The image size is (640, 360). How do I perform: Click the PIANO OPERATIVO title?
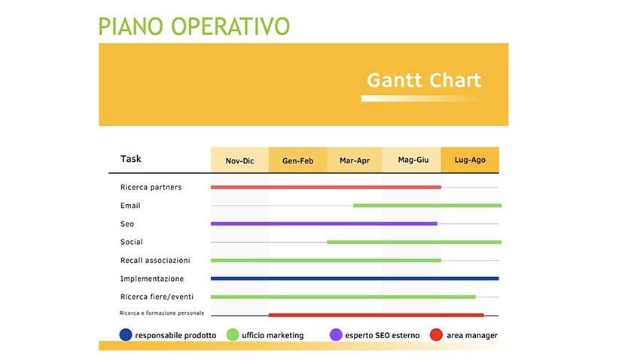tap(194, 26)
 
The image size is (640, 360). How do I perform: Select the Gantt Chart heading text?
tap(424, 80)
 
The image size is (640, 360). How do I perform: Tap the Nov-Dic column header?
tap(240, 160)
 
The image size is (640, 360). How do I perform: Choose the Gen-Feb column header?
tap(298, 160)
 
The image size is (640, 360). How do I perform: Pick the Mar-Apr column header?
tap(355, 160)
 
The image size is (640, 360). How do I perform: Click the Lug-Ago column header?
tap(470, 160)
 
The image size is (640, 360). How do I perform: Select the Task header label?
tap(130, 159)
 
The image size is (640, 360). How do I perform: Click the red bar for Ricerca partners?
tap(326, 188)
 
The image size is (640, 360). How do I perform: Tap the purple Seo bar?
tap(324, 224)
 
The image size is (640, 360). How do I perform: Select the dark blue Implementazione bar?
tap(355, 279)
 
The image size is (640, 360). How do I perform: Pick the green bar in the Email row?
tap(428, 206)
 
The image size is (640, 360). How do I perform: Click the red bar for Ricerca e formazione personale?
tap(376, 315)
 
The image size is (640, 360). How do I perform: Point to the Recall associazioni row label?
tap(155, 261)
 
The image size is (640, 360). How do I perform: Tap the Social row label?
tap(132, 242)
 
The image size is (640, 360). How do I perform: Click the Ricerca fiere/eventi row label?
tap(157, 297)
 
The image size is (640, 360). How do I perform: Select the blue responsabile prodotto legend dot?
tap(126, 334)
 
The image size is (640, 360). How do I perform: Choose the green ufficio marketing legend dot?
tap(233, 334)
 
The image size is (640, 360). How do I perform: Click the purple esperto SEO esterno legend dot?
tap(336, 334)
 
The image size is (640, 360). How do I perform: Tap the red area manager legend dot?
tap(436, 334)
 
